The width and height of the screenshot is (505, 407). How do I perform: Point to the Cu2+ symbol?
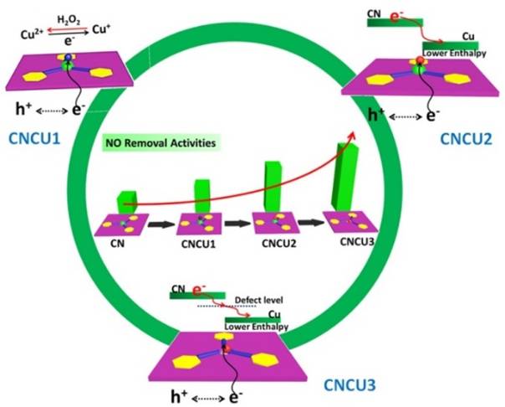pyautogui.click(x=28, y=35)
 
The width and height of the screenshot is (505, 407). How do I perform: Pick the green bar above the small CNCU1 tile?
pyautogui.click(x=202, y=197)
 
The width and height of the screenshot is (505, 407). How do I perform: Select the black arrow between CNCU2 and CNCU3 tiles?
pyautogui.click(x=310, y=224)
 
